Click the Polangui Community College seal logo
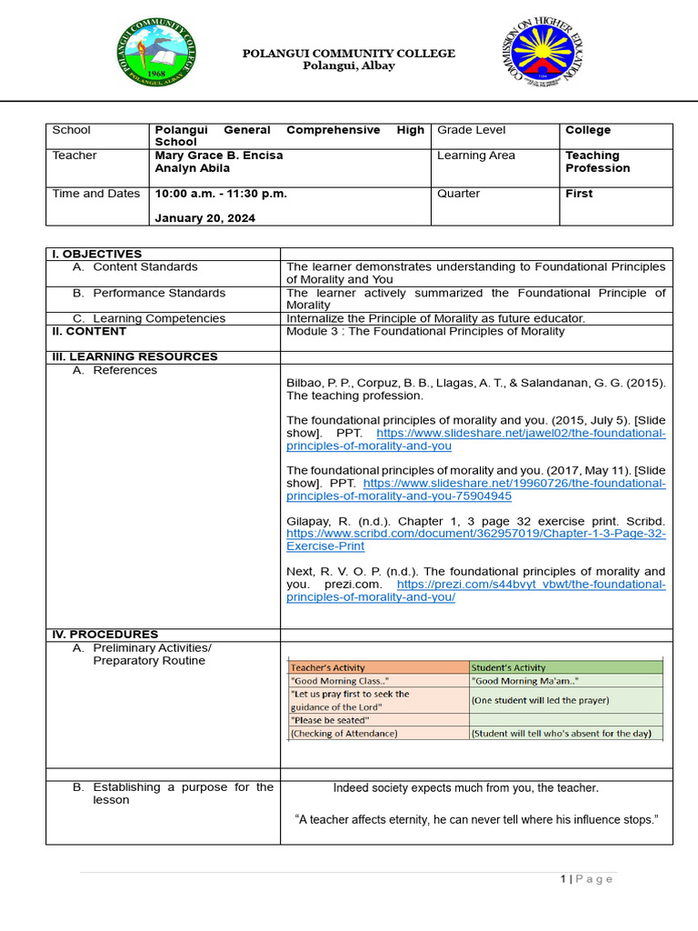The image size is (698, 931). click(x=156, y=54)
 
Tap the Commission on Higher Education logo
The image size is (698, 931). click(x=543, y=55)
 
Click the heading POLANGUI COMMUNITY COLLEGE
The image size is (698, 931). click(x=348, y=54)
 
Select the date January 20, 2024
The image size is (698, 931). click(x=204, y=218)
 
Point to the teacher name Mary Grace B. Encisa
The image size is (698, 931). click(x=219, y=155)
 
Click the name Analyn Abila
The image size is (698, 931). click(x=188, y=168)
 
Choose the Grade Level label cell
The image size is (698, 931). click(x=471, y=130)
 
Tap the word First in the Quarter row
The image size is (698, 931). click(x=579, y=194)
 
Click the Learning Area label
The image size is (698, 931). click(x=475, y=155)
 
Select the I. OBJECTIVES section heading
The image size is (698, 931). click(x=96, y=254)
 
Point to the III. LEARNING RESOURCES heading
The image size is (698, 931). click(x=135, y=356)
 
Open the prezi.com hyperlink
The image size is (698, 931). click(x=531, y=585)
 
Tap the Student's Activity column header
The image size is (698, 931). click(x=509, y=667)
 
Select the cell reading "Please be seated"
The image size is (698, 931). click(x=329, y=720)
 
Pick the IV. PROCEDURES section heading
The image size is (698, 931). click(x=105, y=634)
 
